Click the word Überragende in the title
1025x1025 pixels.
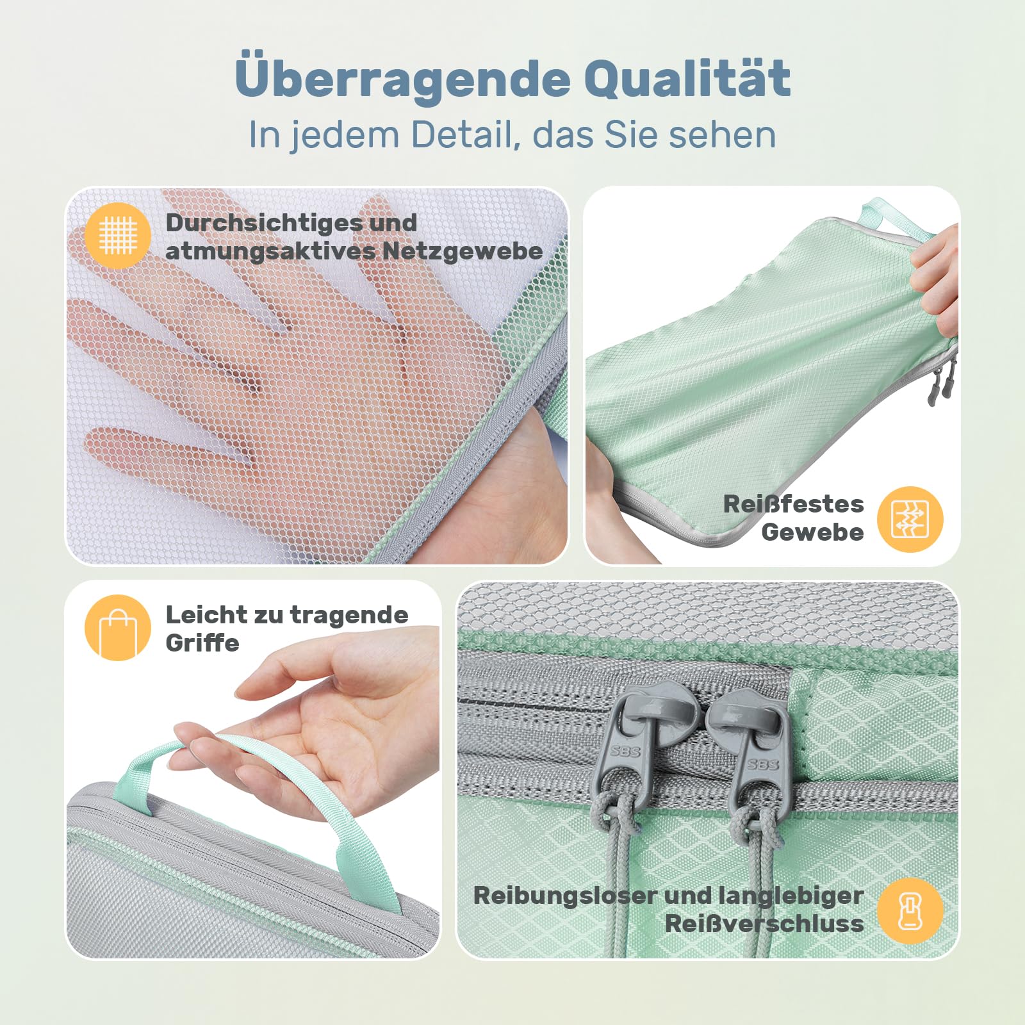(x=402, y=78)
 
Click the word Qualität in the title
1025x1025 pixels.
(x=687, y=78)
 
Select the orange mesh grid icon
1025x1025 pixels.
(x=118, y=234)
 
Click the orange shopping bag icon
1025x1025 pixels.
(x=118, y=628)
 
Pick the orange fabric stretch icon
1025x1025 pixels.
(x=910, y=519)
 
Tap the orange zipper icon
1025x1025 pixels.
(x=910, y=910)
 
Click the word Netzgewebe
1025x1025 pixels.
(x=463, y=252)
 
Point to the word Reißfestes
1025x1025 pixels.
(x=793, y=504)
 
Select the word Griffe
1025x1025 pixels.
(x=202, y=643)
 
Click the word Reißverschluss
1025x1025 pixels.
(x=764, y=924)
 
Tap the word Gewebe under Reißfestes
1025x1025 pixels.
(x=812, y=532)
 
